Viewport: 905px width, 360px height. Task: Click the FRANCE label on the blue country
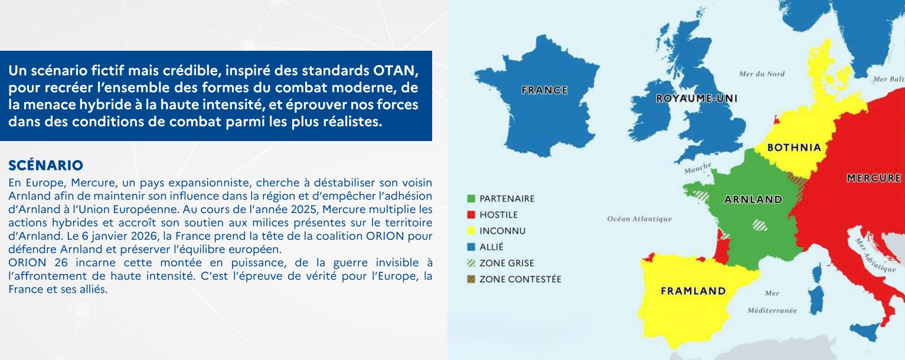[x=544, y=90]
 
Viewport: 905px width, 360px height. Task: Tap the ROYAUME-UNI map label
[x=697, y=98]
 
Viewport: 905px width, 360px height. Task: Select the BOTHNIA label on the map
[x=794, y=148]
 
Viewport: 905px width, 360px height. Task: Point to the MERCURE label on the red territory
[x=874, y=178]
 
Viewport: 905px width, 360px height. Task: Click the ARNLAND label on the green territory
[x=753, y=199]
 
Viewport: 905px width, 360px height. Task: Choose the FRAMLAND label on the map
[x=693, y=291]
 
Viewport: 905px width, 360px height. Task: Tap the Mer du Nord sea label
[x=762, y=74]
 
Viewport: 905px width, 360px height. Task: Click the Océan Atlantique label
[x=639, y=219]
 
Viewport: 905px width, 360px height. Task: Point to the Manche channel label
[x=698, y=168]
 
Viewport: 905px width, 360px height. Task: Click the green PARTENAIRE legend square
[x=471, y=198]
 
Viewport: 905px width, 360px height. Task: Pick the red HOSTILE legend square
[x=471, y=215]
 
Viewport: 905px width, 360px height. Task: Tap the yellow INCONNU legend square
[x=471, y=231]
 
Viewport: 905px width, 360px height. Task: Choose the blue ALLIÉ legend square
[x=471, y=247]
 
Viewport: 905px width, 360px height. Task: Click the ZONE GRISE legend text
[x=507, y=263]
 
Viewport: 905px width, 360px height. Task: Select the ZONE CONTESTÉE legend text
[x=520, y=279]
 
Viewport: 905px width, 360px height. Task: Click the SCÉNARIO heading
[x=45, y=165]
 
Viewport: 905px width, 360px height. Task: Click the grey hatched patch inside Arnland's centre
[x=760, y=225]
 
